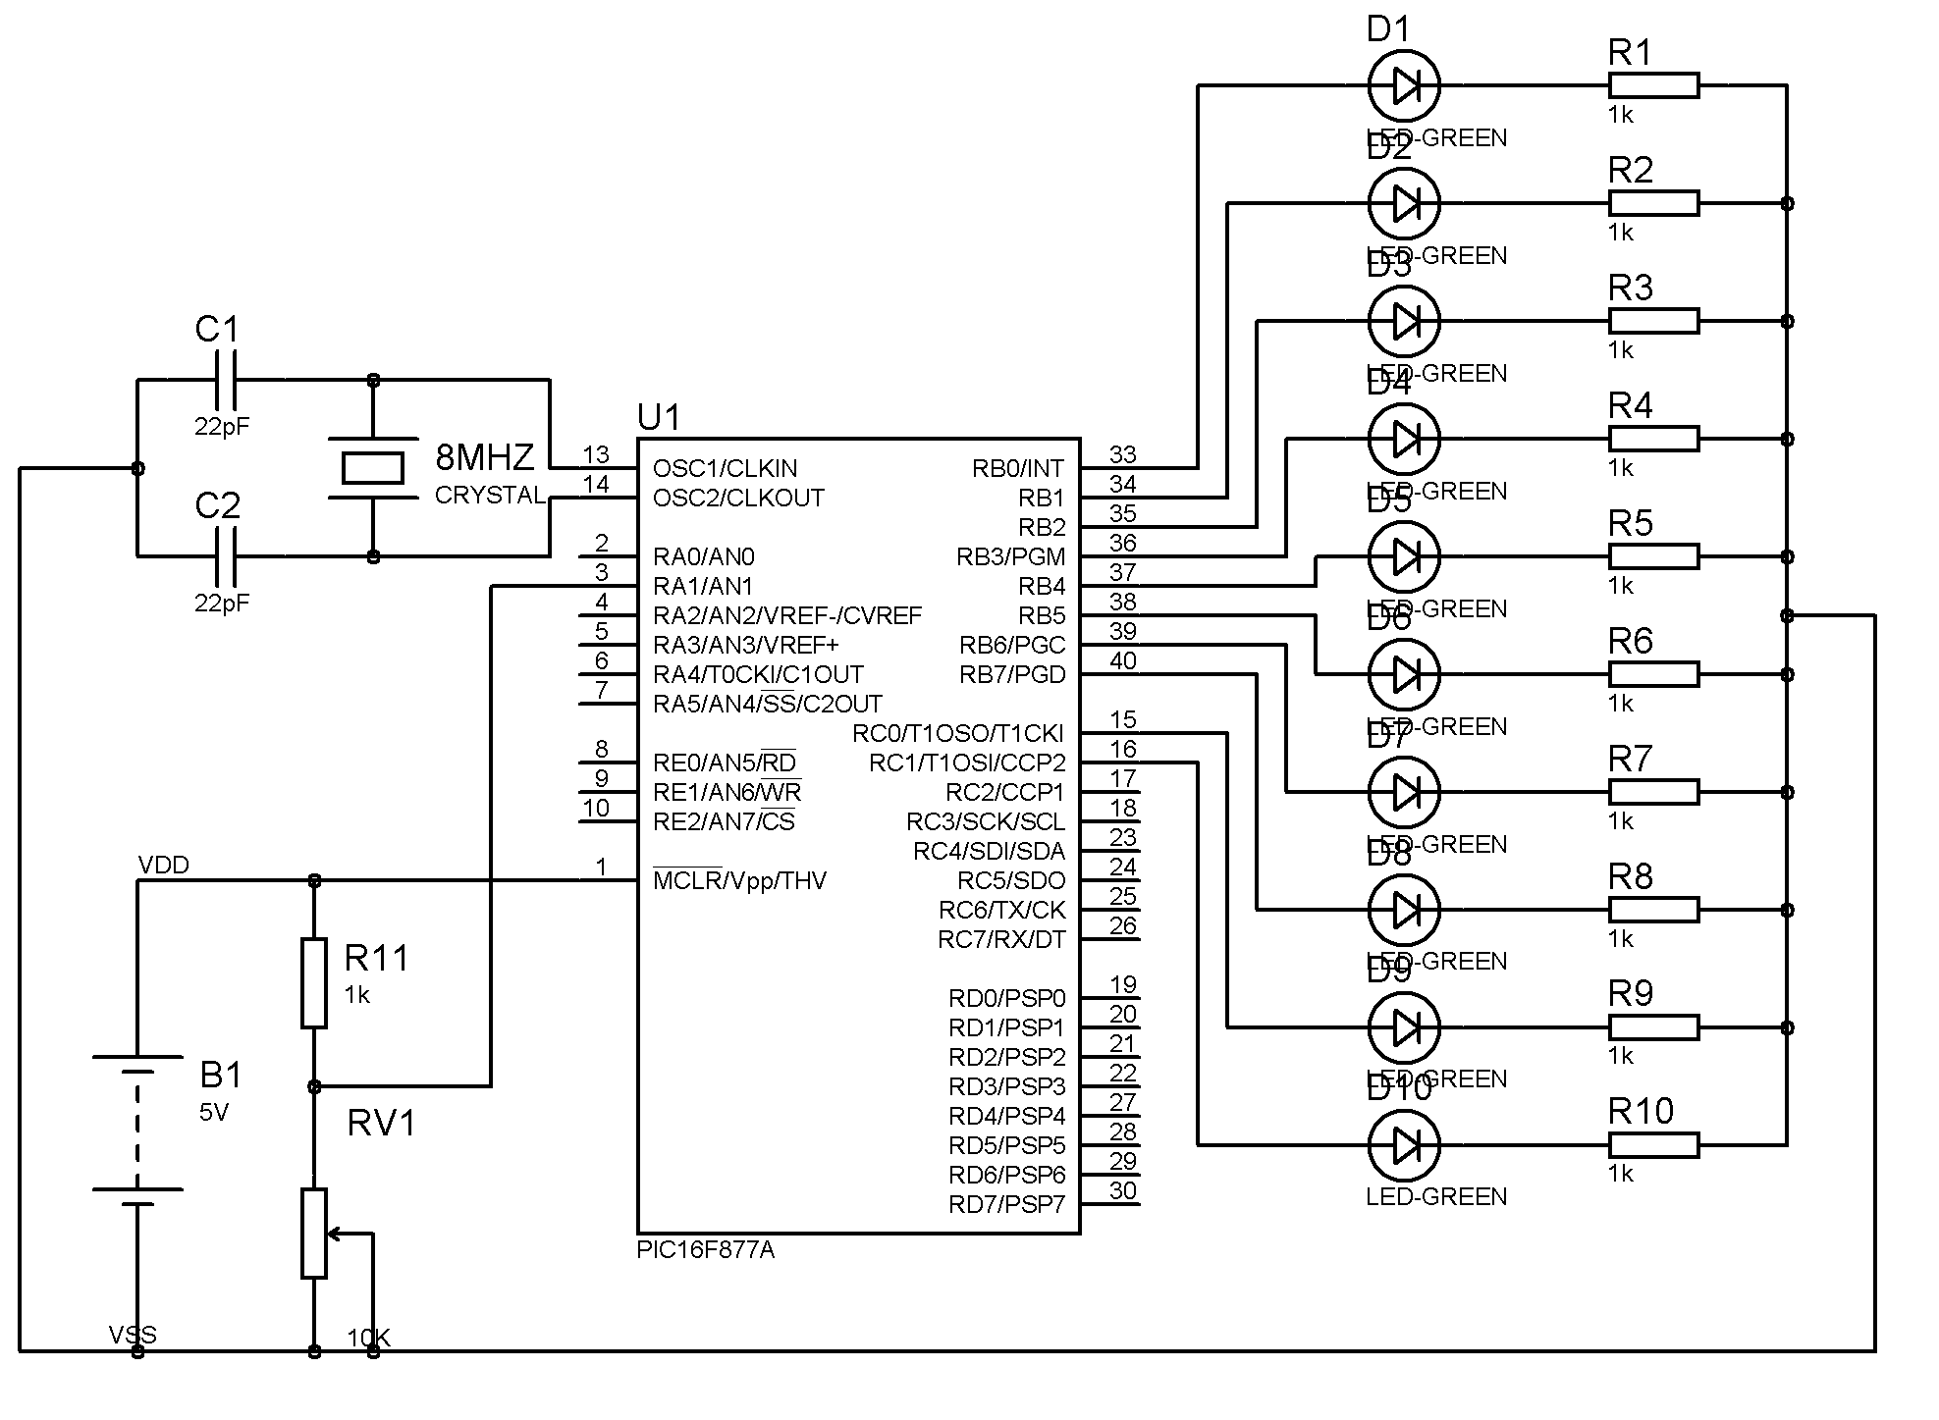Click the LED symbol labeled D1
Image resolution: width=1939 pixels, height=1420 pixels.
[1404, 86]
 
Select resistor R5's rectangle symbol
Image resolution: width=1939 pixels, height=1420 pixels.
[1653, 556]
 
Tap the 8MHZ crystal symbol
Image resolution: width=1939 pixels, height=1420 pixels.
[372, 468]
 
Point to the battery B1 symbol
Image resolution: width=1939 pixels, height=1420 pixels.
[137, 1124]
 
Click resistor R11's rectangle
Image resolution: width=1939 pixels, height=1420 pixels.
[314, 983]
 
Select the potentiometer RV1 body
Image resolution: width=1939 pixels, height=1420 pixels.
[314, 1234]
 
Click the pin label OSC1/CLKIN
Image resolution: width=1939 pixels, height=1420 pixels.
[725, 469]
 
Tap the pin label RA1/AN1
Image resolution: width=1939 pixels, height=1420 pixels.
[703, 587]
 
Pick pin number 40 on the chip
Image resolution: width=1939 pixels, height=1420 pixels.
[1123, 661]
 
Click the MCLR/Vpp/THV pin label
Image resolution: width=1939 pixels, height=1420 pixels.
[739, 881]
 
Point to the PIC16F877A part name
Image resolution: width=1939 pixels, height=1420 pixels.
[705, 1250]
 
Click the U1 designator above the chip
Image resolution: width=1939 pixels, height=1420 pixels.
[659, 418]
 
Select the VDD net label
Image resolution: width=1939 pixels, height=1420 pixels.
[163, 865]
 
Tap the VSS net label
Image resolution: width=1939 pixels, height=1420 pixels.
[133, 1335]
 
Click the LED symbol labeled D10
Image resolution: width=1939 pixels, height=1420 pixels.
[1404, 1145]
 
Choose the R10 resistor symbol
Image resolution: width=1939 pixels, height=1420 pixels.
[1653, 1145]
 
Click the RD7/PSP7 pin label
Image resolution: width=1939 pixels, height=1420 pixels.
[1006, 1205]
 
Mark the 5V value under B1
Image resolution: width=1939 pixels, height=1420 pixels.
[213, 1113]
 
